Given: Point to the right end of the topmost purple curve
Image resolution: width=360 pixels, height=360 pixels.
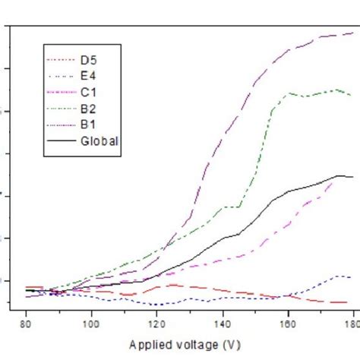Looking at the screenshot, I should [x=352, y=33].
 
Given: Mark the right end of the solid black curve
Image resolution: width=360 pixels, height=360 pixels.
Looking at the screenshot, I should [x=352, y=177].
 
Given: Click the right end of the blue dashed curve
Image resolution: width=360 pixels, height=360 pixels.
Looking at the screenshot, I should [x=351, y=276].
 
